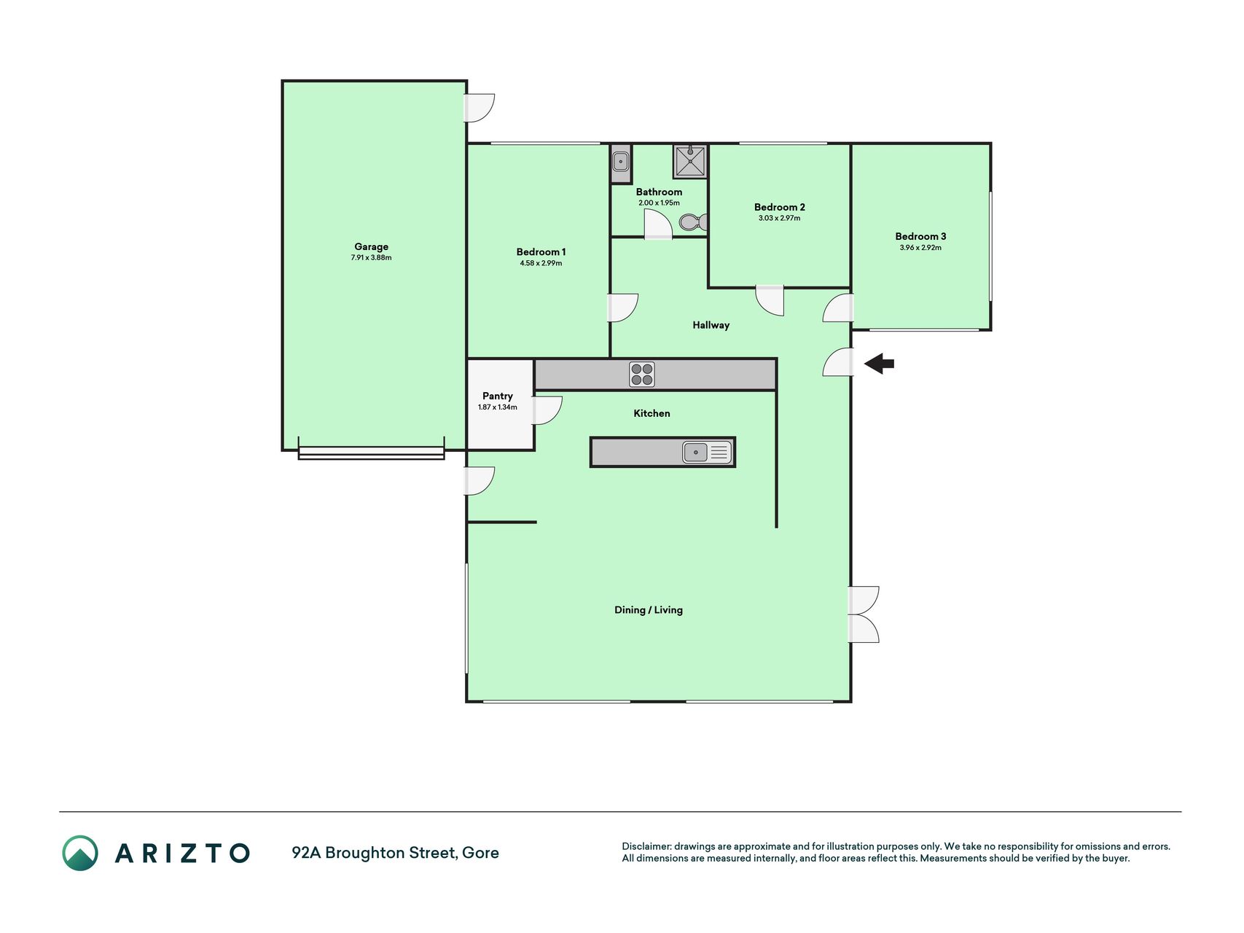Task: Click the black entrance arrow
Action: [x=880, y=363]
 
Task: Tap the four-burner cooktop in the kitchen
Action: [x=642, y=375]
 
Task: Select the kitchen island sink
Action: [x=707, y=453]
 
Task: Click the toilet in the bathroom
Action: [x=693, y=222]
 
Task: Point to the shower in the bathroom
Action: [x=689, y=161]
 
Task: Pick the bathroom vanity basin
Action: [x=621, y=160]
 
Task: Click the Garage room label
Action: [x=371, y=246]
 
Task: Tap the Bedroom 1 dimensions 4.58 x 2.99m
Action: [x=541, y=263]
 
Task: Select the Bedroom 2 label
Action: [x=779, y=207]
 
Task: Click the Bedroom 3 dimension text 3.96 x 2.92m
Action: [x=920, y=248]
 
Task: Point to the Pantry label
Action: [x=498, y=396]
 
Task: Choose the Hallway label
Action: [x=711, y=325]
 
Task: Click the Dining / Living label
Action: [x=649, y=610]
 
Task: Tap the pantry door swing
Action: [x=547, y=410]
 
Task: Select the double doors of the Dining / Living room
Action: [x=864, y=614]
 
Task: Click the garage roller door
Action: [x=371, y=453]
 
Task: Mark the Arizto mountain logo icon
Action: [x=79, y=853]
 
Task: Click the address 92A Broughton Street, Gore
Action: [x=395, y=853]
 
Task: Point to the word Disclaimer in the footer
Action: [x=646, y=846]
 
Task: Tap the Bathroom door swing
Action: [x=658, y=225]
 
